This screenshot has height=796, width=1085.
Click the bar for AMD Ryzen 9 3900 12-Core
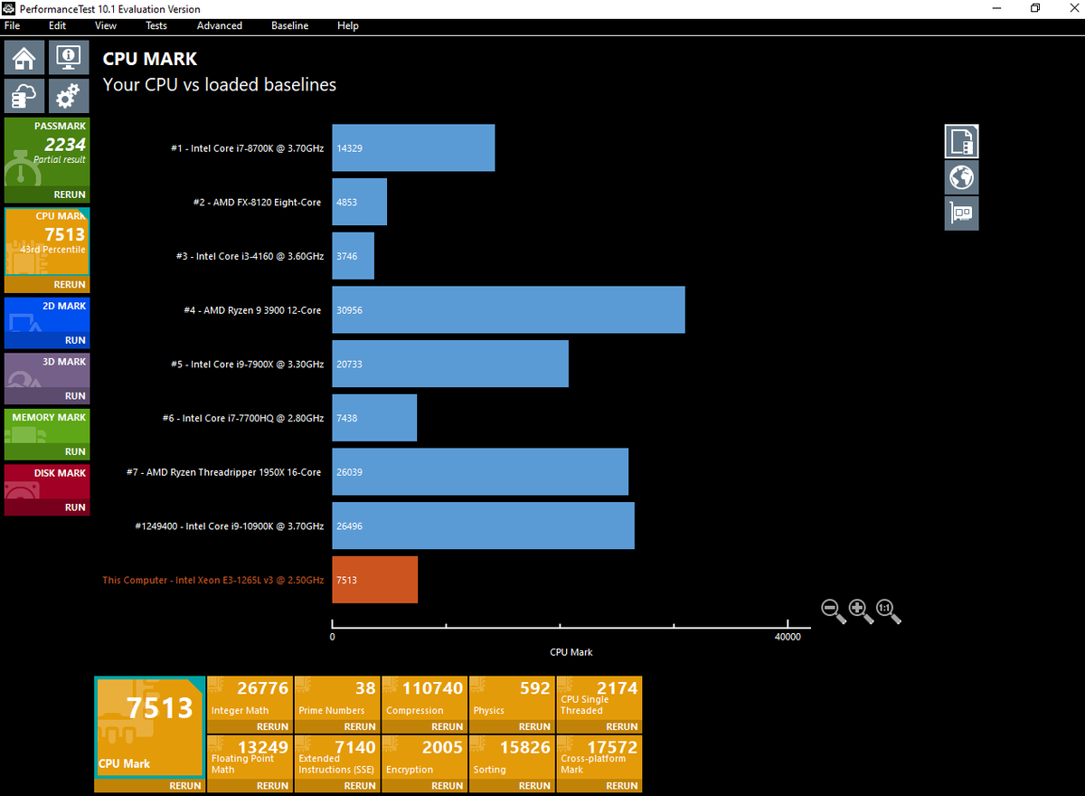pyautogui.click(x=508, y=309)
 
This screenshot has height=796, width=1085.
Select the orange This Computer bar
pyautogui.click(x=375, y=580)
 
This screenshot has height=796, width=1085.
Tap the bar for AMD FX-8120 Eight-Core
pyautogui.click(x=360, y=202)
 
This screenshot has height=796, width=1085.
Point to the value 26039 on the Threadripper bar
pyautogui.click(x=349, y=472)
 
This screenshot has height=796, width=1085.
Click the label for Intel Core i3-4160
pyautogui.click(x=250, y=256)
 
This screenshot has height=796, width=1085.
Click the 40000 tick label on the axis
pyautogui.click(x=788, y=637)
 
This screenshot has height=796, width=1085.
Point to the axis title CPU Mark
pyautogui.click(x=571, y=652)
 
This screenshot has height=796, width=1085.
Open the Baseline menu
pyautogui.click(x=289, y=25)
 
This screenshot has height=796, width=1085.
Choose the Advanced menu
pyautogui.click(x=220, y=25)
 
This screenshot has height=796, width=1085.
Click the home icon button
pyautogui.click(x=24, y=57)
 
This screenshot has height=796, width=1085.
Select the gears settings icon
pyautogui.click(x=69, y=96)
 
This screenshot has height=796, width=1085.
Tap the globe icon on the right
pyautogui.click(x=961, y=177)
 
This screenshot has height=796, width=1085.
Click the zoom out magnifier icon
pyautogui.click(x=833, y=611)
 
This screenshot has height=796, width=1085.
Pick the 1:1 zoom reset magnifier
pyautogui.click(x=888, y=611)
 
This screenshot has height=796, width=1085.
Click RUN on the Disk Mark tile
pyautogui.click(x=75, y=507)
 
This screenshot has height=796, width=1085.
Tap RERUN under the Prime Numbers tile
pyautogui.click(x=360, y=726)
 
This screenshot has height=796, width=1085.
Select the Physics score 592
pyautogui.click(x=534, y=688)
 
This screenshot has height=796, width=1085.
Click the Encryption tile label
pyautogui.click(x=410, y=770)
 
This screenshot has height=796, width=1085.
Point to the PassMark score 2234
pyautogui.click(x=65, y=145)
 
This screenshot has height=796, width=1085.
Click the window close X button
pyautogui.click(x=1074, y=8)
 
